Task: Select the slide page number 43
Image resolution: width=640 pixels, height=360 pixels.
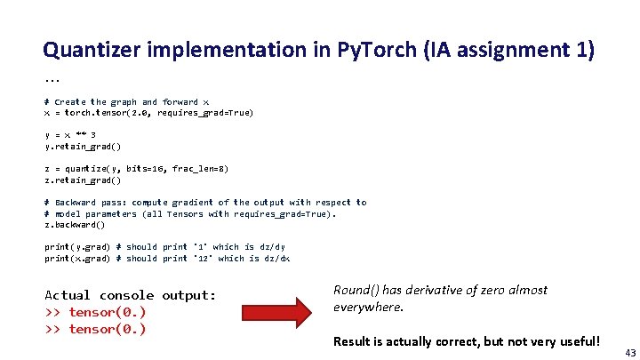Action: (x=630, y=352)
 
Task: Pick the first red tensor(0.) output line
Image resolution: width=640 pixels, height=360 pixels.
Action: (x=95, y=312)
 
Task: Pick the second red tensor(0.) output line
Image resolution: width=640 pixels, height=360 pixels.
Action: (x=95, y=329)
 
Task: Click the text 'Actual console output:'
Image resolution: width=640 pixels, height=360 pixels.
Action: (x=130, y=295)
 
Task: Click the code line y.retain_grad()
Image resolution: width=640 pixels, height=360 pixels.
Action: (x=83, y=146)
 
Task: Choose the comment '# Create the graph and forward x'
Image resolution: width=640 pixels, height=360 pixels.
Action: (x=121, y=102)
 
